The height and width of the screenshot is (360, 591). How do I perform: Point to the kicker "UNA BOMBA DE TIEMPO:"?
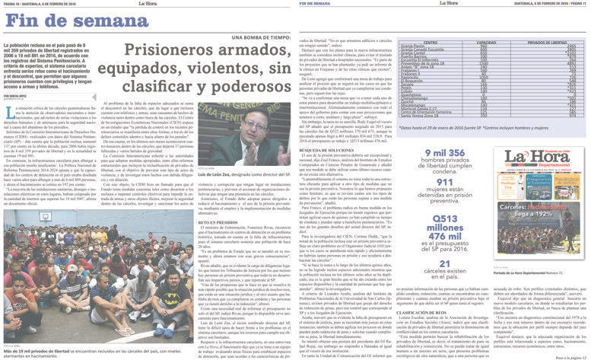pos(255,37)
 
